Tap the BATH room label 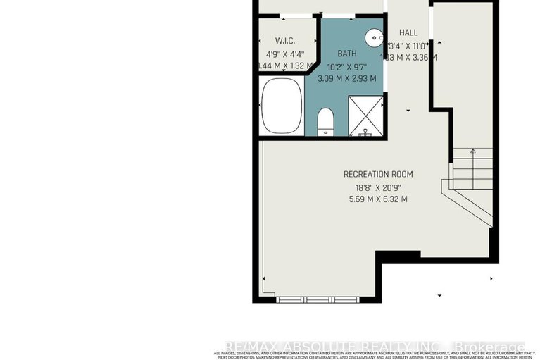(x=346, y=54)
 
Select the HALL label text (x=408, y=32)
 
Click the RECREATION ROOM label (x=378, y=174)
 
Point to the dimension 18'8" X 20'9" (x=378, y=187)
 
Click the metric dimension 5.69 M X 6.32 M (x=378, y=199)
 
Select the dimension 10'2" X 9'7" (x=346, y=66)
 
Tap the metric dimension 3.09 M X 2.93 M (x=346, y=78)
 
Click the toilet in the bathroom (x=326, y=122)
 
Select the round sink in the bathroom (x=373, y=37)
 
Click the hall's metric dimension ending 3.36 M (x=408, y=57)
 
